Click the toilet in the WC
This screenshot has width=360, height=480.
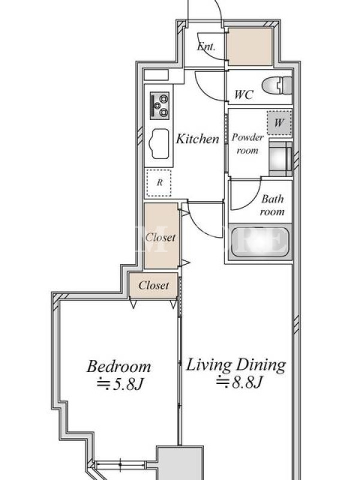click(x=277, y=85)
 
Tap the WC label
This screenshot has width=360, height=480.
click(x=244, y=95)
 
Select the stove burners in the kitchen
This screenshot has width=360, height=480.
click(x=160, y=106)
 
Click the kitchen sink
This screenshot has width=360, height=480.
click(x=159, y=143)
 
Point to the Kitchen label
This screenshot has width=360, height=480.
click(x=198, y=139)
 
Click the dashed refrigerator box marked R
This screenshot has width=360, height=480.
click(x=159, y=183)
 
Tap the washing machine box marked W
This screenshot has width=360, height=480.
click(x=279, y=123)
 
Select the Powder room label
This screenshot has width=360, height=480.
click(x=247, y=143)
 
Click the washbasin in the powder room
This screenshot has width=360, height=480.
click(x=280, y=158)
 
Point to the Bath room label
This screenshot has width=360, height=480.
click(x=272, y=205)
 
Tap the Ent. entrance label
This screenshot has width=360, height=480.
click(x=206, y=47)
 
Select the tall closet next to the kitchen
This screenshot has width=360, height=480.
click(x=161, y=236)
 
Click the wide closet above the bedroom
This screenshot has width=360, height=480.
click(x=153, y=286)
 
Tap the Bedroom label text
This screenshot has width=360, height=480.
click(x=119, y=367)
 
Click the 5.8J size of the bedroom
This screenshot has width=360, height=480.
click(x=120, y=384)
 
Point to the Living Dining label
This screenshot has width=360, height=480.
click(x=236, y=365)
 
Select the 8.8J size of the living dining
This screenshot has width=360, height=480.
click(x=239, y=382)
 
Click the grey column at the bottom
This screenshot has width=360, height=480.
click(x=180, y=463)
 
